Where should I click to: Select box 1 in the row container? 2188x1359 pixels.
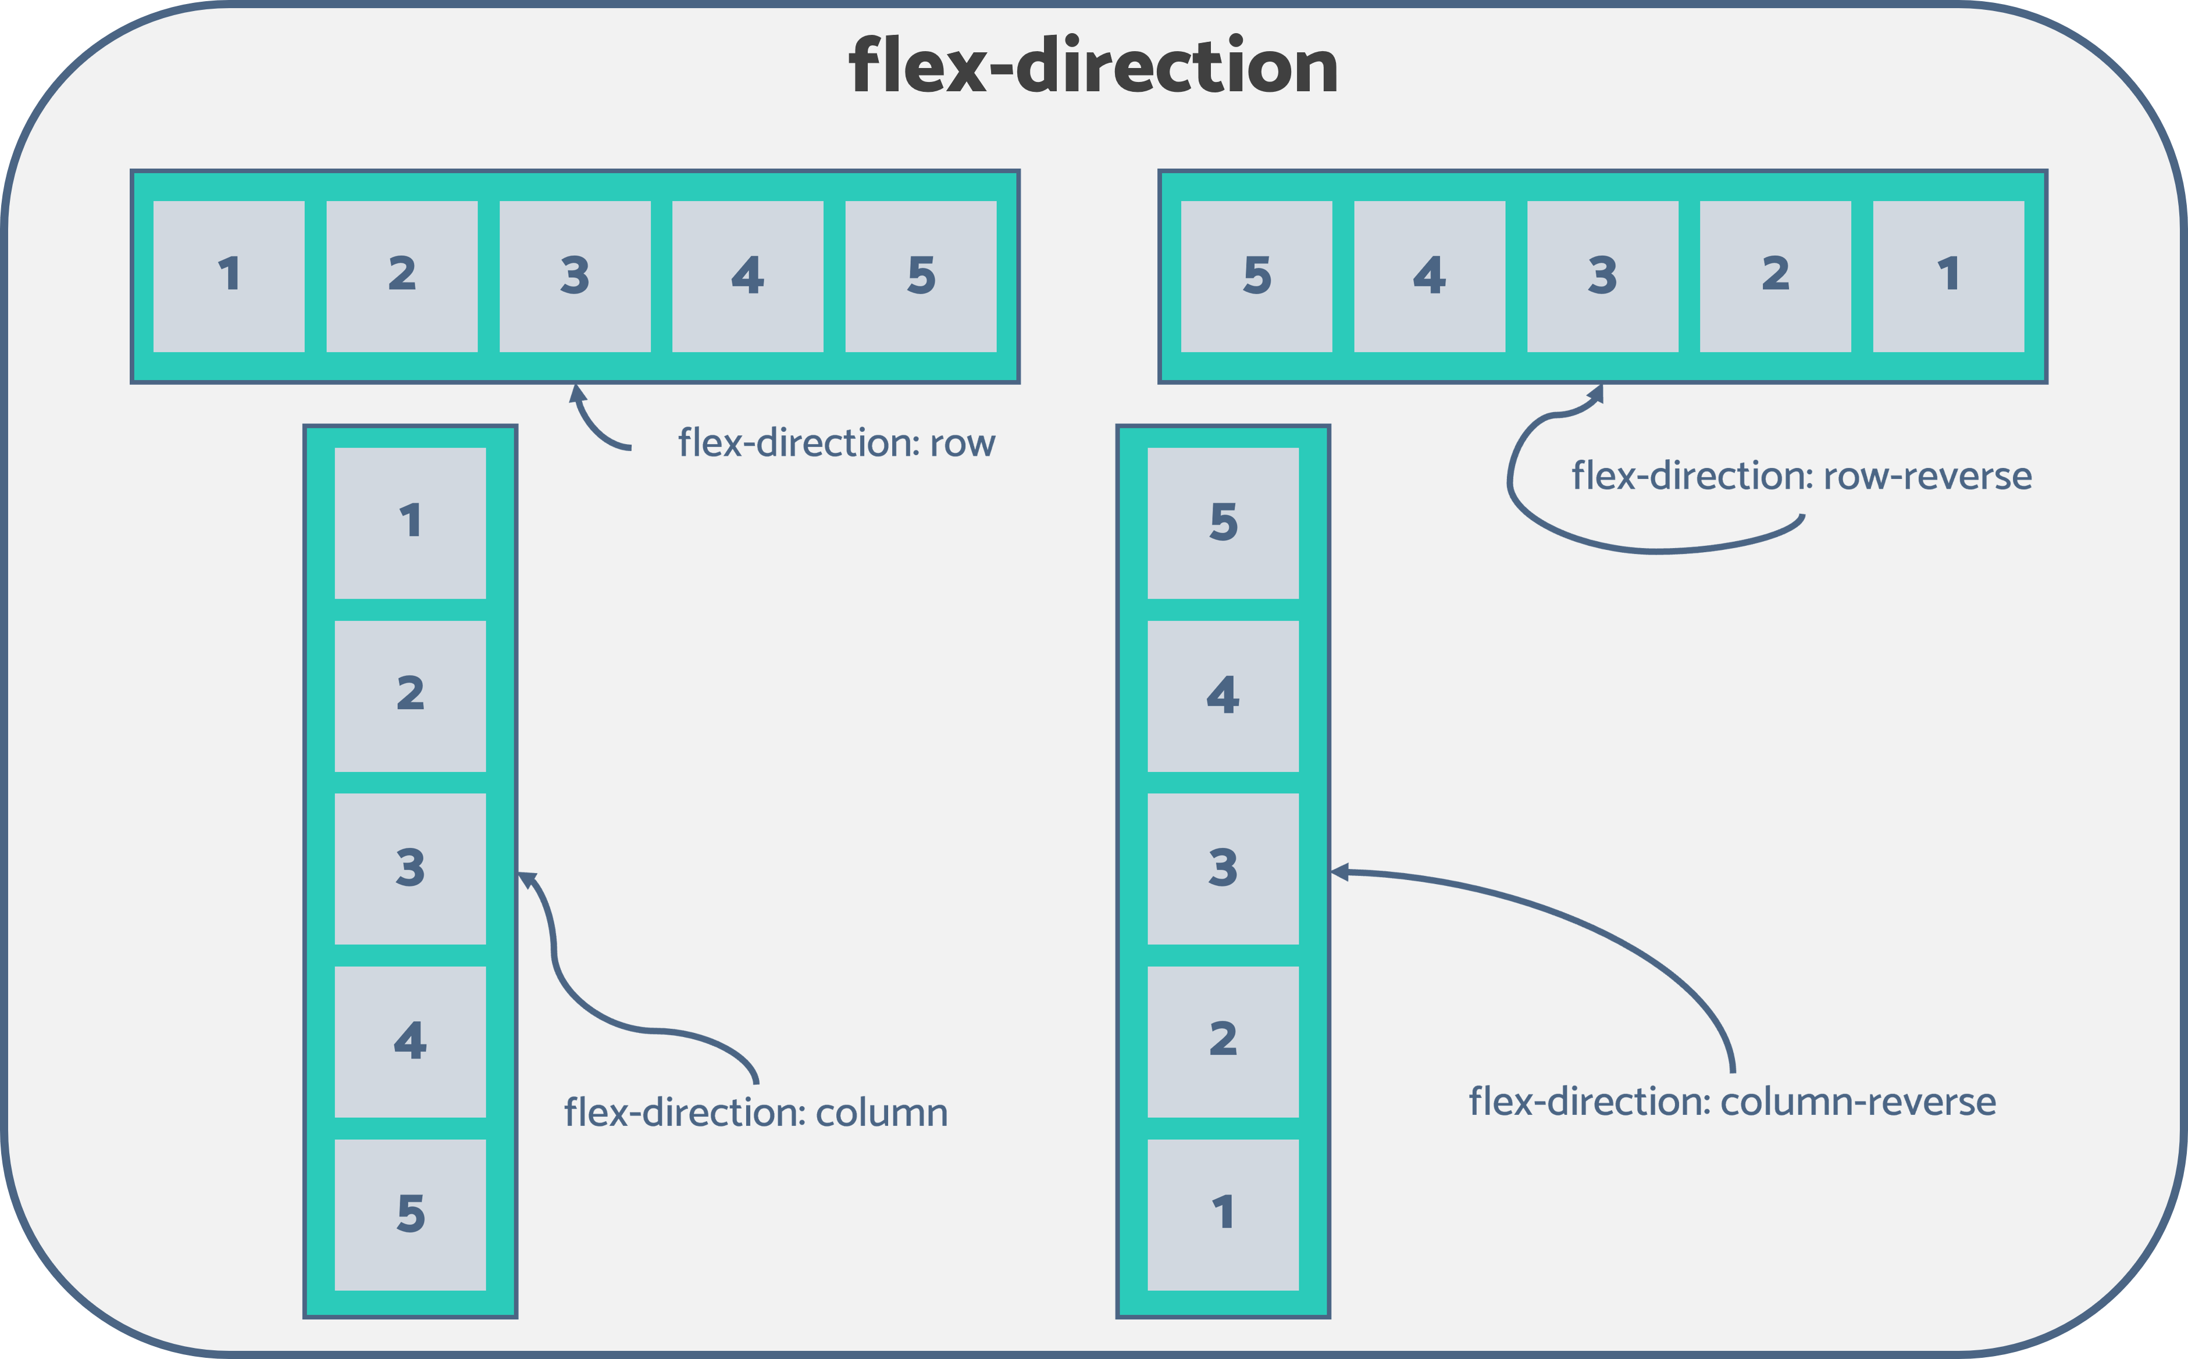[x=229, y=276]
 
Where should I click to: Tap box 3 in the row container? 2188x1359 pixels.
[x=575, y=276]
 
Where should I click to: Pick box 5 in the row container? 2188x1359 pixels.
[x=921, y=276]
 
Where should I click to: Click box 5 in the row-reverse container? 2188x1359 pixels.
[x=1256, y=276]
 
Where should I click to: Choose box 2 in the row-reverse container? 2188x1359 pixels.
[x=1775, y=276]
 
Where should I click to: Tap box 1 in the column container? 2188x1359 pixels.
[x=410, y=523]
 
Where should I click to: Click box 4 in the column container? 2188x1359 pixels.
[x=410, y=1042]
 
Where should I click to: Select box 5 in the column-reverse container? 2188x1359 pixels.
[x=1223, y=523]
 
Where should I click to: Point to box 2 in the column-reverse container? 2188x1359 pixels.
[x=1223, y=1042]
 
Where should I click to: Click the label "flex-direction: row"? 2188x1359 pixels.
[x=836, y=443]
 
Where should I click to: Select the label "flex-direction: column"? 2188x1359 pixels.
[x=756, y=1112]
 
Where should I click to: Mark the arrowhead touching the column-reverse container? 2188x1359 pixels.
[x=1339, y=871]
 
